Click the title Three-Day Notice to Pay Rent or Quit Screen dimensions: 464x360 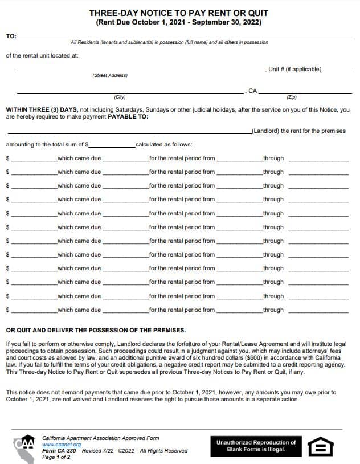pyautogui.click(x=179, y=13)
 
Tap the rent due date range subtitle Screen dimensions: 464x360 pyautogui.click(x=179, y=22)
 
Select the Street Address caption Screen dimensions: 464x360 pyautogui.click(x=110, y=75)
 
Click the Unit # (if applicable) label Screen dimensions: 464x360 pyautogui.click(x=295, y=69)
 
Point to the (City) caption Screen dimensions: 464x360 pyautogui.click(x=120, y=97)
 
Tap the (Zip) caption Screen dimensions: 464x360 pyautogui.click(x=292, y=97)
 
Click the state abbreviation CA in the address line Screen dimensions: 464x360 pyautogui.click(x=253, y=91)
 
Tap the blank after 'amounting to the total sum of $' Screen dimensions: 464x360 pyautogui.click(x=112, y=144)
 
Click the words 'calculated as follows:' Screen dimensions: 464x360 pyautogui.click(x=164, y=144)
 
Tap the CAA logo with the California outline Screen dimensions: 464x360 pyautogui.click(x=24, y=447)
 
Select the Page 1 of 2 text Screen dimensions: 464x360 pyautogui.click(x=56, y=457)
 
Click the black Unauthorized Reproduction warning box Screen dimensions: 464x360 pyautogui.click(x=256, y=446)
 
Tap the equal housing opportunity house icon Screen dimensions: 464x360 pyautogui.click(x=321, y=446)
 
